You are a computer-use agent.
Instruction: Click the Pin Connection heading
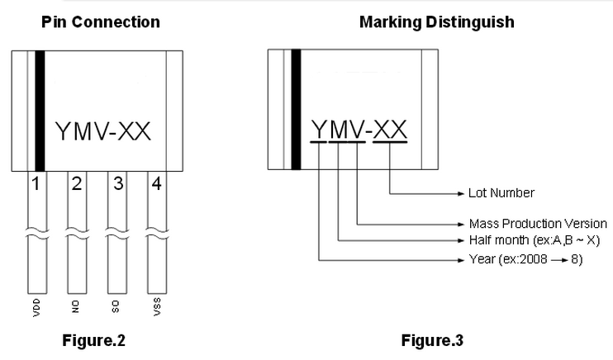coord(100,22)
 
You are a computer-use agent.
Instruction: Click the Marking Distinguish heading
coord(436,22)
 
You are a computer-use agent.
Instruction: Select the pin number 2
coord(76,183)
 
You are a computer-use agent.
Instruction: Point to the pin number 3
coord(118,183)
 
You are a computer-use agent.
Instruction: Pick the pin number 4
coord(156,183)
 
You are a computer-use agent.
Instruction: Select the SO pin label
coord(116,307)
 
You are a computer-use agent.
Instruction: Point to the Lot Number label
coord(501,193)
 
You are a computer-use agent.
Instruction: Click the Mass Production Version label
coord(537,224)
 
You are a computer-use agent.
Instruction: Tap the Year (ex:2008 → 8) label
coord(527,260)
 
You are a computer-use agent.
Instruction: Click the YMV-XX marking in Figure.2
coord(102,131)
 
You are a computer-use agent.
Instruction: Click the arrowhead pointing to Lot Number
coord(460,193)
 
